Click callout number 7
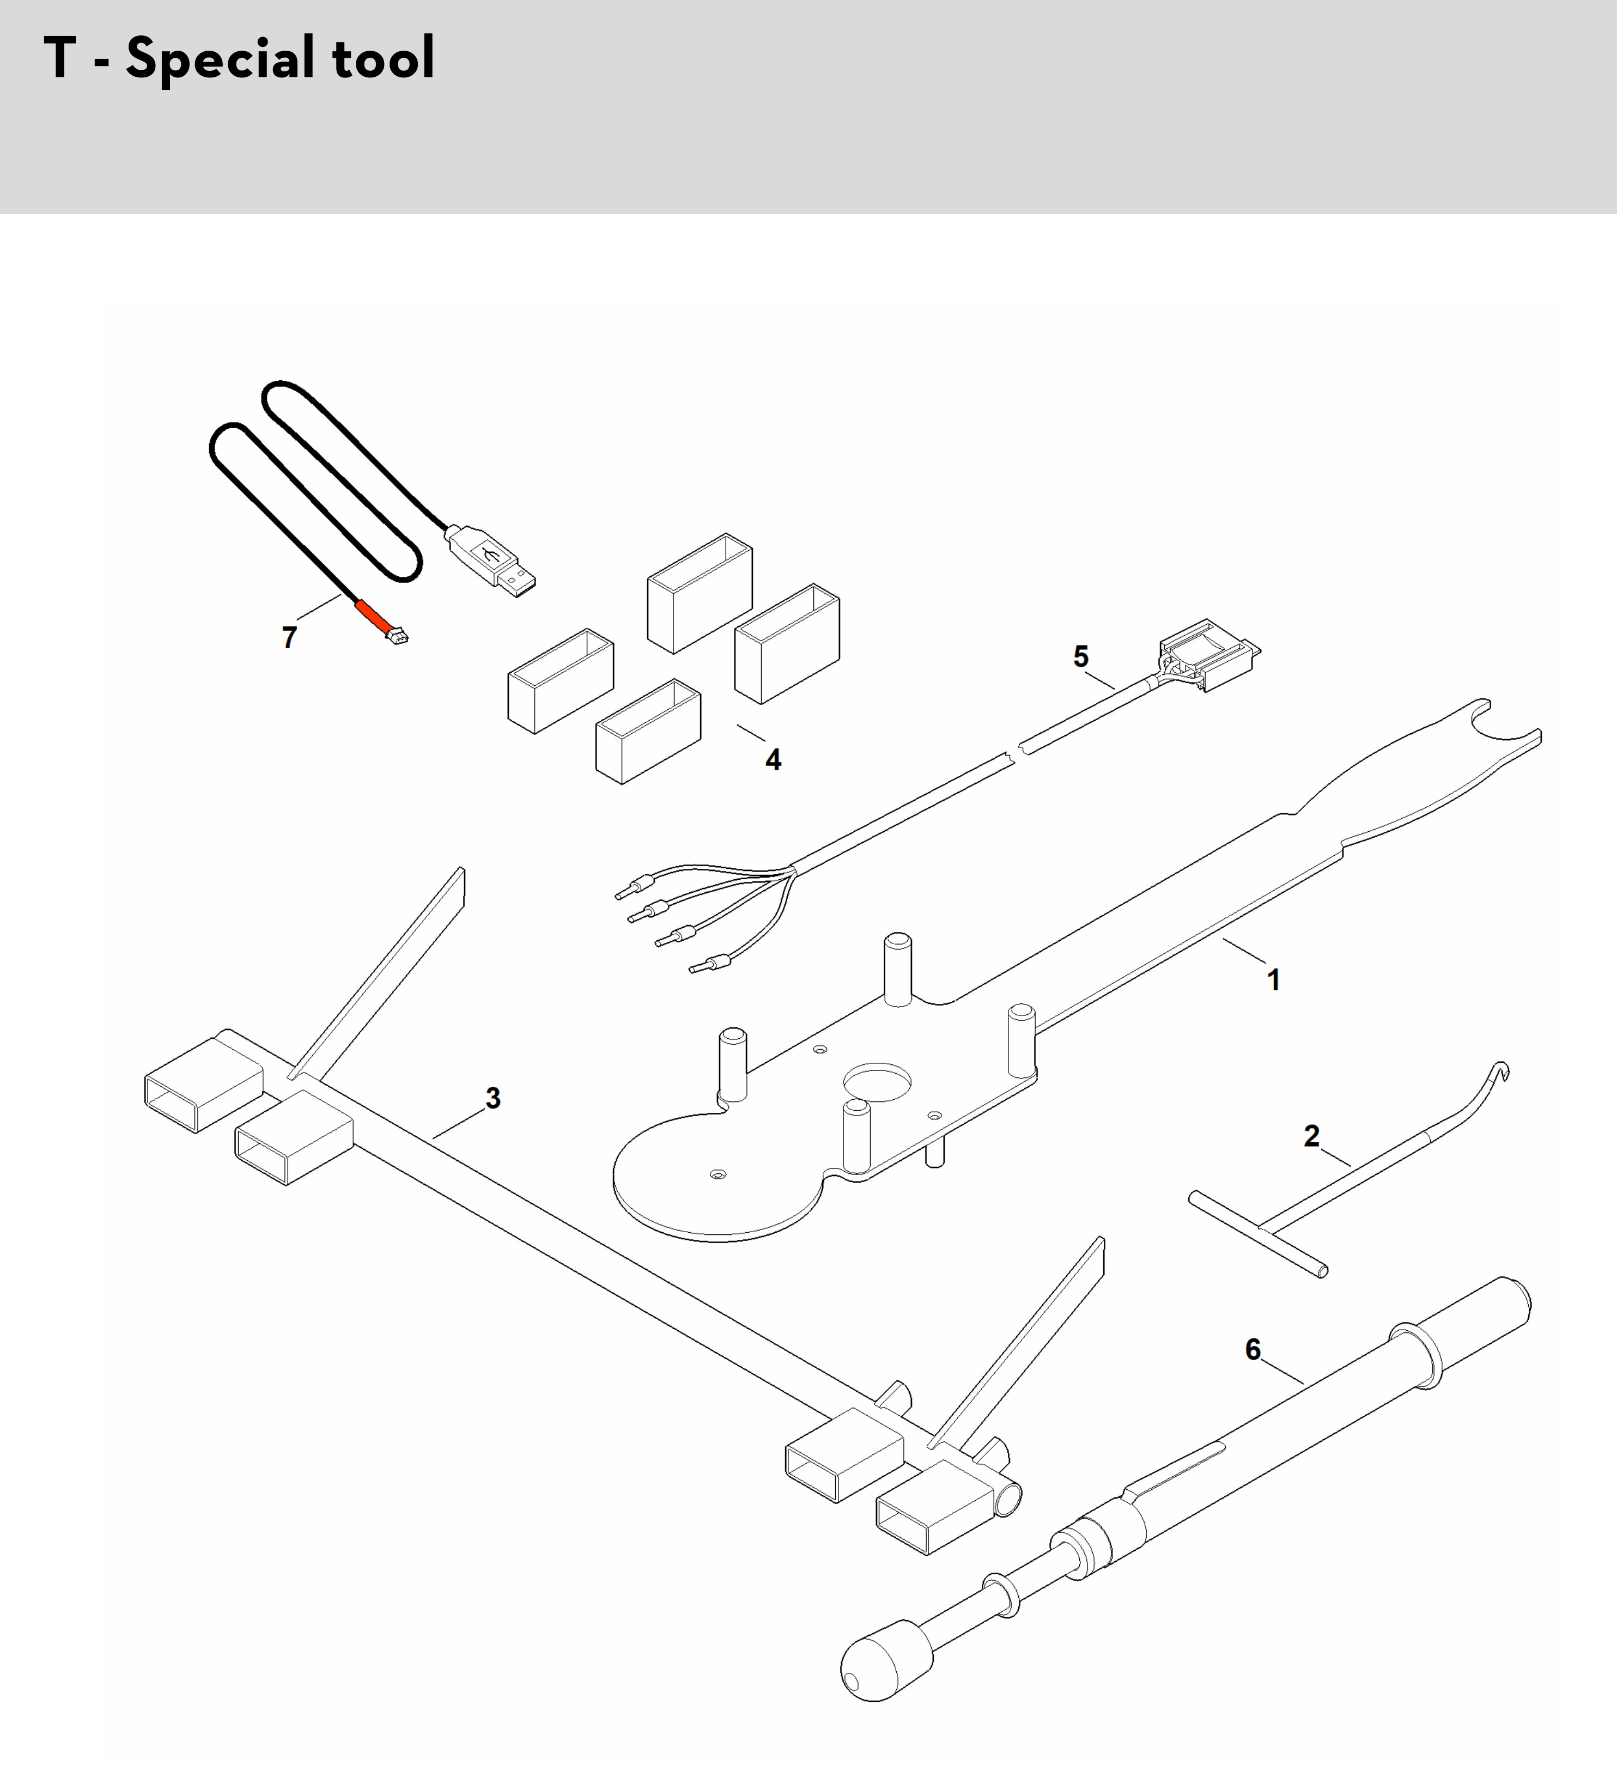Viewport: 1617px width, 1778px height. click(x=289, y=637)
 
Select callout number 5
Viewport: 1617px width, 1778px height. click(x=1081, y=656)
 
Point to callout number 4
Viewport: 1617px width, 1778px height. click(x=774, y=759)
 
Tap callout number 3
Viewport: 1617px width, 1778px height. click(x=493, y=1098)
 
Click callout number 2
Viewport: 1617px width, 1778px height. click(x=1312, y=1136)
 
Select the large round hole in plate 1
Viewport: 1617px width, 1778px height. click(x=877, y=1082)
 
